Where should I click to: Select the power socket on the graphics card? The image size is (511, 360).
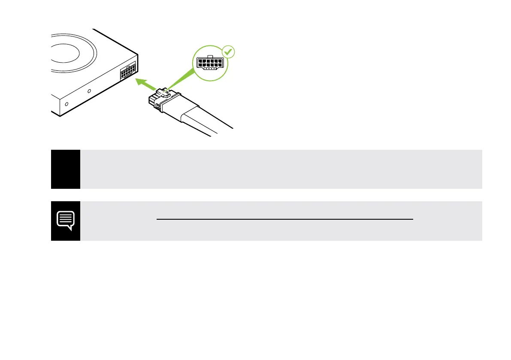pos(128,70)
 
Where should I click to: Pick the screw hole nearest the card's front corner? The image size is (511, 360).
pos(66,104)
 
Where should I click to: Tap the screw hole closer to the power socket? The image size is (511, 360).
pos(89,91)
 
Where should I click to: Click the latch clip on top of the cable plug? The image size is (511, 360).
pos(161,91)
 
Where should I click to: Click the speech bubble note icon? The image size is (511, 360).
pos(66,221)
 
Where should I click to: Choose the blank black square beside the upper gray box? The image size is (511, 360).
pos(66,169)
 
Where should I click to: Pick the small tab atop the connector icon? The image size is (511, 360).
pos(209,56)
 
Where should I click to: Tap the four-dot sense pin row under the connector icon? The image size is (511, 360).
pos(209,68)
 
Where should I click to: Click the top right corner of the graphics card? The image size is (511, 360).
pos(138,55)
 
